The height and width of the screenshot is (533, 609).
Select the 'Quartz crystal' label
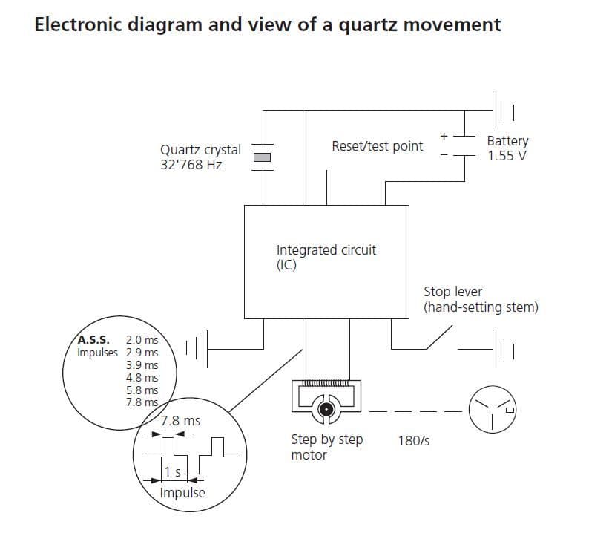pyautogui.click(x=200, y=149)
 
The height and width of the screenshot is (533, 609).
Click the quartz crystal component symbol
pyautogui.click(x=263, y=157)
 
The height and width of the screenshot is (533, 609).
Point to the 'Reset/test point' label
pyautogui.click(x=377, y=146)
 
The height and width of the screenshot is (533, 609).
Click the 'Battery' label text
pyautogui.click(x=507, y=141)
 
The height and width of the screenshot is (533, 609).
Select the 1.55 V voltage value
pyautogui.click(x=507, y=156)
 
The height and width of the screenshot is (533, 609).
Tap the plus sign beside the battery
pyautogui.click(x=444, y=136)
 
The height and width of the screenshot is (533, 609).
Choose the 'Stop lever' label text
pyautogui.click(x=452, y=292)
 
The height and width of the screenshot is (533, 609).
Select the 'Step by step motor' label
pyautogui.click(x=326, y=447)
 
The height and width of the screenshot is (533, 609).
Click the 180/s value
pyautogui.click(x=413, y=440)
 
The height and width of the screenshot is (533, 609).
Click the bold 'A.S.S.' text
pyautogui.click(x=94, y=340)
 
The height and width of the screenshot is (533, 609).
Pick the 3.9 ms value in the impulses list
pyautogui.click(x=142, y=365)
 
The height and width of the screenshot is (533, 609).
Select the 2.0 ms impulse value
pyautogui.click(x=142, y=340)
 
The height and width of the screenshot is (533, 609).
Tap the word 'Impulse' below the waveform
pyautogui.click(x=182, y=493)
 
